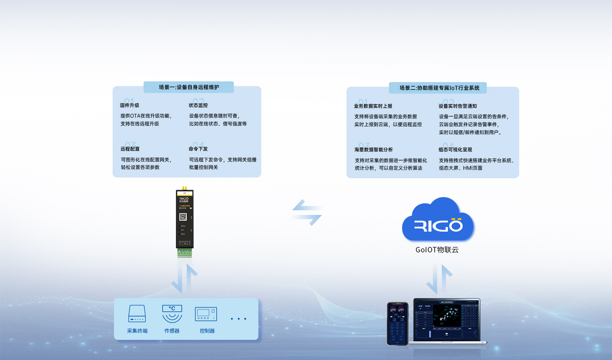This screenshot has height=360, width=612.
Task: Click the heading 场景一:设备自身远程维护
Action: pyautogui.click(x=189, y=87)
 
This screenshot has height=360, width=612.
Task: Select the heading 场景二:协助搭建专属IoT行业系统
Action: pyautogui.click(x=439, y=88)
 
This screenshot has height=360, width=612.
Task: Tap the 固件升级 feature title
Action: pyautogui.click(x=130, y=105)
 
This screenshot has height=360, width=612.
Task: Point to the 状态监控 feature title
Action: pyautogui.click(x=198, y=105)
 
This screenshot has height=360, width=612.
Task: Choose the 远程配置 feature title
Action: pyautogui.click(x=130, y=149)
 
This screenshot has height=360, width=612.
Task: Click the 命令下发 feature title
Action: pyautogui.click(x=198, y=149)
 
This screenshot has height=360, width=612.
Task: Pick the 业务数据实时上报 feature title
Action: pyautogui.click(x=373, y=106)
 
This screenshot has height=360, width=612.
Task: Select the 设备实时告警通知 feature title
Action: pyautogui.click(x=458, y=106)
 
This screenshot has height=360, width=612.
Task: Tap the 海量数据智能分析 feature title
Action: pyautogui.click(x=373, y=150)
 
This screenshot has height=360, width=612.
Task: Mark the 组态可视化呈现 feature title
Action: pyautogui.click(x=455, y=150)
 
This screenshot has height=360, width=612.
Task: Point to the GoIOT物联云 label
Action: pyautogui.click(x=437, y=250)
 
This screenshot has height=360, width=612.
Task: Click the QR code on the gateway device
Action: pyautogui.click(x=183, y=217)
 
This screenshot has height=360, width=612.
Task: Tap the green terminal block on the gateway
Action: pyautogui.click(x=185, y=252)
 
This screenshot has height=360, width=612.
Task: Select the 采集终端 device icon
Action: pyautogui.click(x=137, y=314)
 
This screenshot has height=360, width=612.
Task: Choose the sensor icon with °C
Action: pyautogui.click(x=172, y=314)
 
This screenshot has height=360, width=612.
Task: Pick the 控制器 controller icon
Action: pyautogui.click(x=206, y=314)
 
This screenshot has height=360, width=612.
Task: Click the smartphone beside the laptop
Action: pyautogui.click(x=398, y=323)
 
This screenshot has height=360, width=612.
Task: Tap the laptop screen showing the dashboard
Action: pyautogui.click(x=446, y=319)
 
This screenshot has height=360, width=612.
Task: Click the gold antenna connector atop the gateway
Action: pyautogui.click(x=185, y=188)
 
